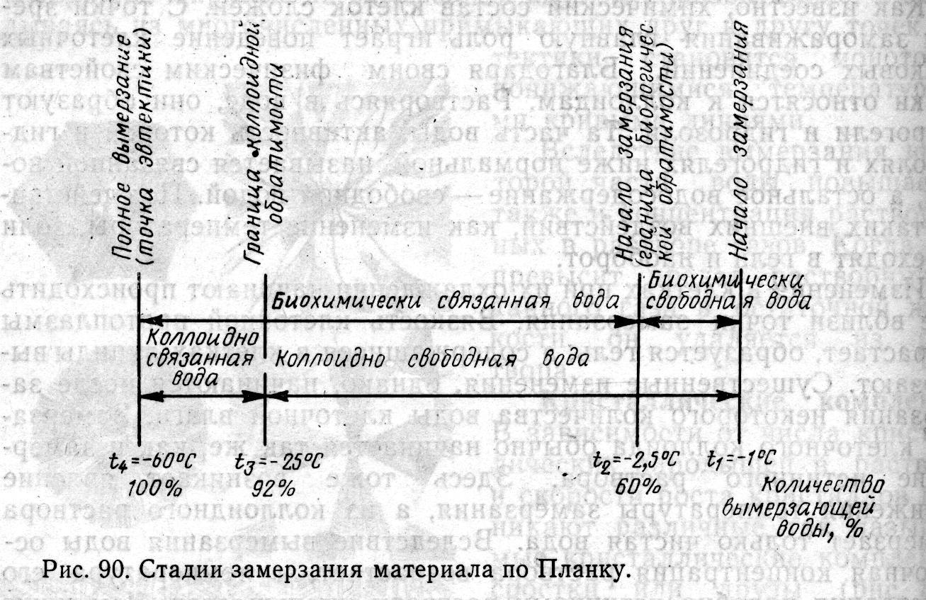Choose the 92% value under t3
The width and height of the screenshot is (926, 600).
273,489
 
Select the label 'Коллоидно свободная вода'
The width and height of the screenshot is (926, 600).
432,358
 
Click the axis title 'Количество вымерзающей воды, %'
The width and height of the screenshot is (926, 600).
824,506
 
